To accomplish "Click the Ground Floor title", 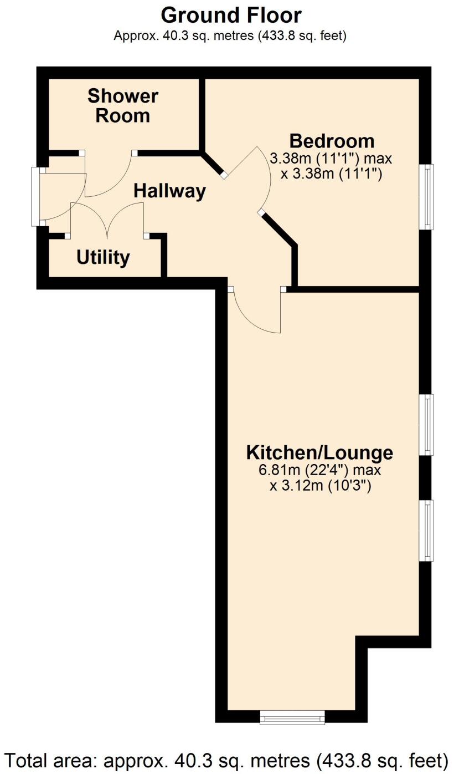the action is pyautogui.click(x=231, y=16).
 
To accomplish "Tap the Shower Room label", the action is pyautogui.click(x=123, y=106).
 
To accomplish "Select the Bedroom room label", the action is pyautogui.click(x=332, y=141).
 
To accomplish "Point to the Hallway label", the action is pyautogui.click(x=170, y=191).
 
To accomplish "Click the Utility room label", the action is pyautogui.click(x=103, y=257).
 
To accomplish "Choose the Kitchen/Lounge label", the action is pyautogui.click(x=320, y=452).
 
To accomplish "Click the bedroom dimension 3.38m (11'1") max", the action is pyautogui.click(x=331, y=159).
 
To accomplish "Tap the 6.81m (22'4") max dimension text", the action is pyautogui.click(x=320, y=470).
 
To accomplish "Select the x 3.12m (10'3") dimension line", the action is pyautogui.click(x=320, y=486).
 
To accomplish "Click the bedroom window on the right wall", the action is pyautogui.click(x=426, y=197).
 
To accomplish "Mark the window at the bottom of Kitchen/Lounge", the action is pyautogui.click(x=292, y=717).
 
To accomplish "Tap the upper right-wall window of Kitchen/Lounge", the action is pyautogui.click(x=426, y=425).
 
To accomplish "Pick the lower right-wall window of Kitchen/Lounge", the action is pyautogui.click(x=426, y=531).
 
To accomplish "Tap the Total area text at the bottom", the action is pyautogui.click(x=227, y=761).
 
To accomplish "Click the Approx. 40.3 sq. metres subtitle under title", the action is pyautogui.click(x=230, y=35).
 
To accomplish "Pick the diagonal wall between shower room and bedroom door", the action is pyautogui.click(x=213, y=164).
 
